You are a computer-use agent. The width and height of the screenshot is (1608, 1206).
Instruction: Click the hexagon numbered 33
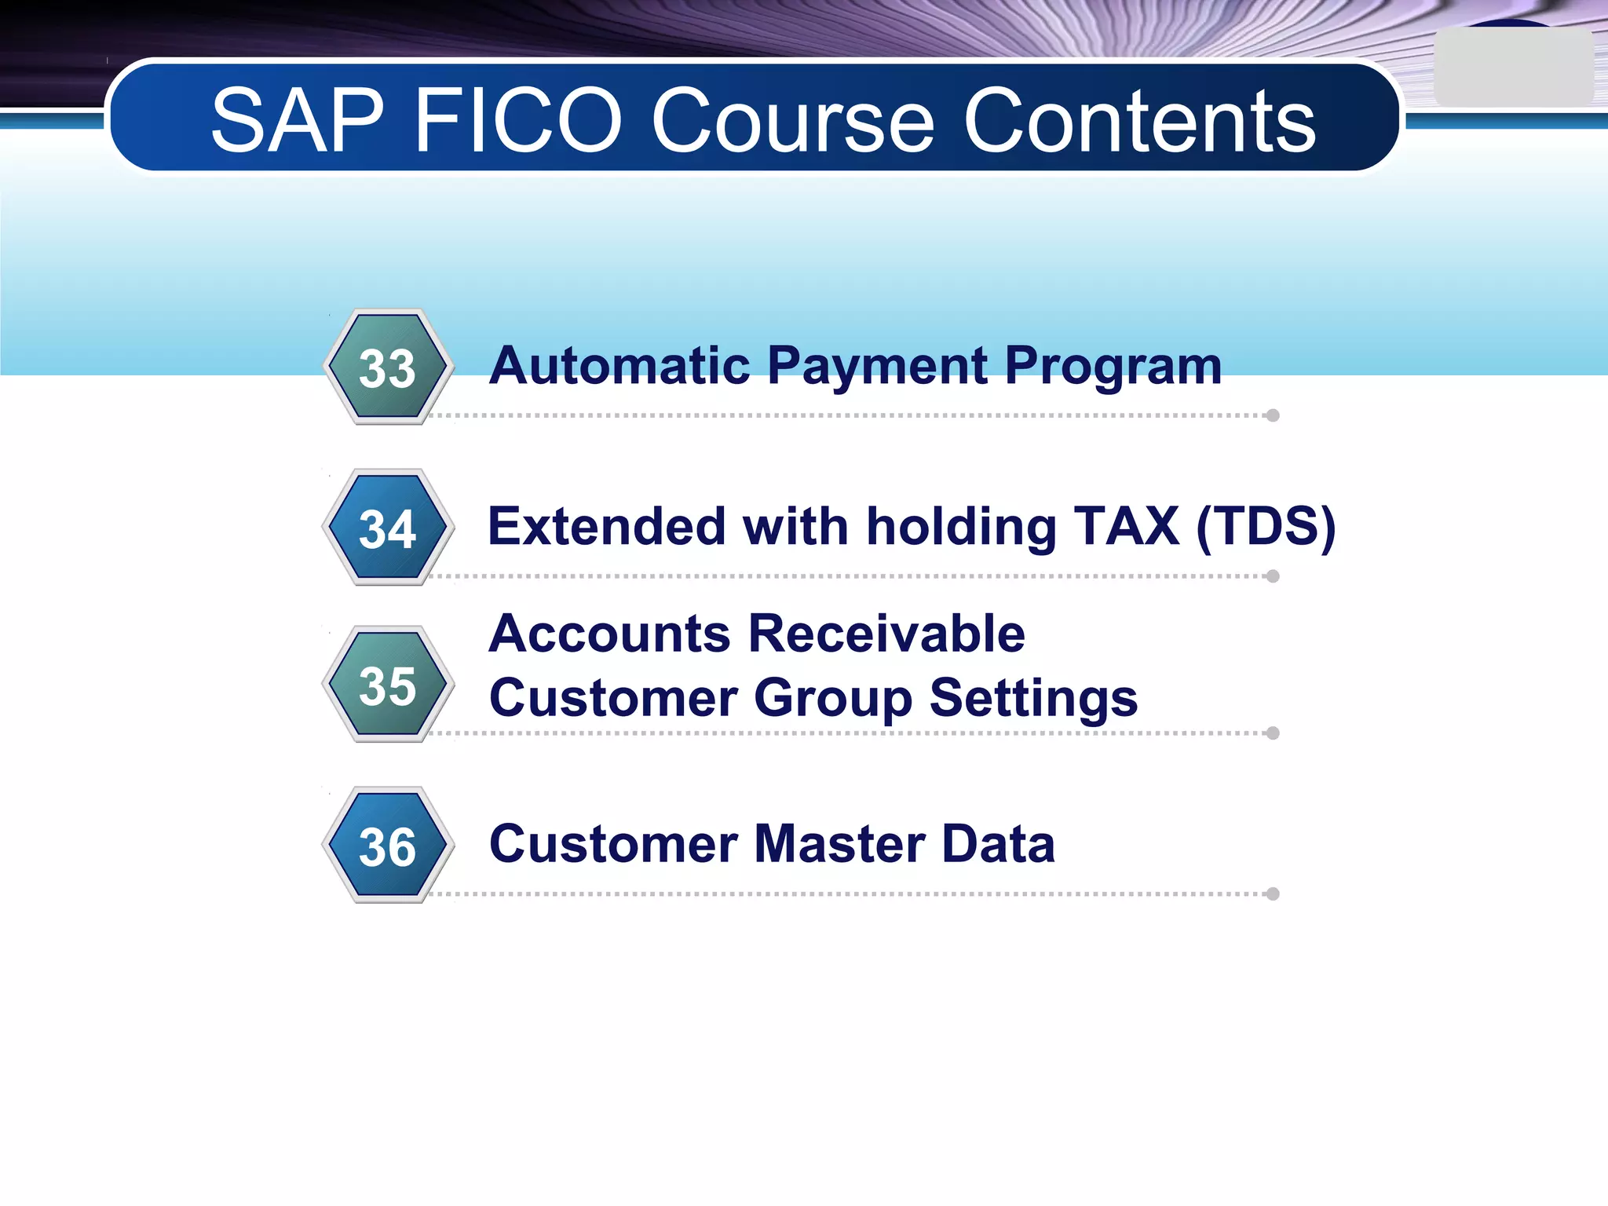tap(388, 367)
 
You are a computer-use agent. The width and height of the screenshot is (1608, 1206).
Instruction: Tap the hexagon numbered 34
tap(388, 528)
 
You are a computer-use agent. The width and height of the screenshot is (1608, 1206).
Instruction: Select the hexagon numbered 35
tap(388, 685)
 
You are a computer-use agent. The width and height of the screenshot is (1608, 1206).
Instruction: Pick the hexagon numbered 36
tap(388, 846)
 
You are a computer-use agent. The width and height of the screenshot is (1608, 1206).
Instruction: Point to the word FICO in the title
tap(517, 121)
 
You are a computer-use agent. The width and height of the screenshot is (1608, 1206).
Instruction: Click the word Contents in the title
tap(1138, 121)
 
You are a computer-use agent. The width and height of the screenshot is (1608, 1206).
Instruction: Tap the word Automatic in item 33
tap(619, 366)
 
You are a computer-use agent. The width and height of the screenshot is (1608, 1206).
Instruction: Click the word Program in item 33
tap(1113, 367)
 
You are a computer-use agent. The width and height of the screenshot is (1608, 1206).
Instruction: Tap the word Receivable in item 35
tap(886, 634)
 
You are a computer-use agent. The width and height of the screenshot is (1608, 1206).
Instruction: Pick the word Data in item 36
tap(998, 844)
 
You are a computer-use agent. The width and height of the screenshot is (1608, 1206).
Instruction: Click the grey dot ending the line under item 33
tap(1273, 415)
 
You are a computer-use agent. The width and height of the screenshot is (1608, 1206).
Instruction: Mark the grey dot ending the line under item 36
tap(1273, 894)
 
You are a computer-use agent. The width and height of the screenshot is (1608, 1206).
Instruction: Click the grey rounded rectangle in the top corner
tap(1512, 68)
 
